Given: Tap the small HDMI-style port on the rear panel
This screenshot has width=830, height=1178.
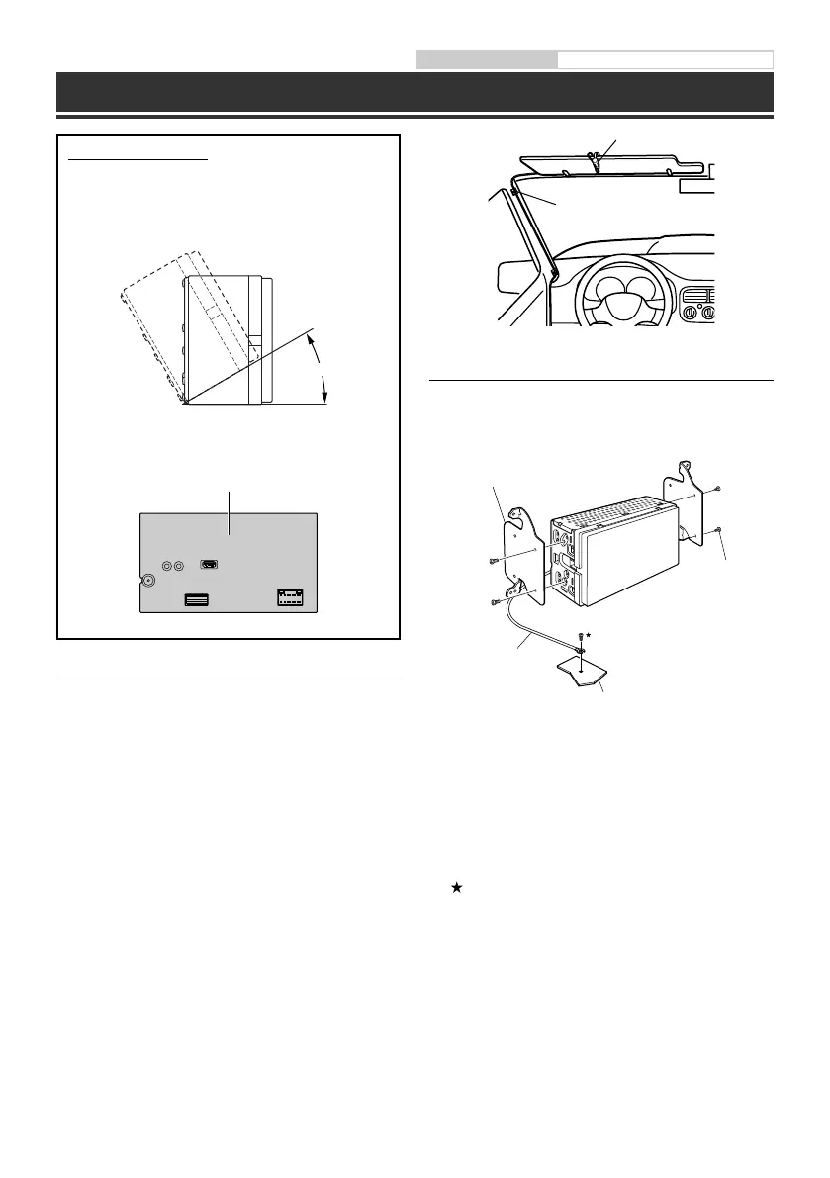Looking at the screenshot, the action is point(209,565).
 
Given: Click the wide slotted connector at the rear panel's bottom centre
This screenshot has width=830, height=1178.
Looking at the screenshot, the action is point(195,598).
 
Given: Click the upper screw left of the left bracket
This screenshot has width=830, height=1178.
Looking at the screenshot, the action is point(493,562).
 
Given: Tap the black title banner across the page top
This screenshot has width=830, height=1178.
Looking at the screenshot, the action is point(415,91).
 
